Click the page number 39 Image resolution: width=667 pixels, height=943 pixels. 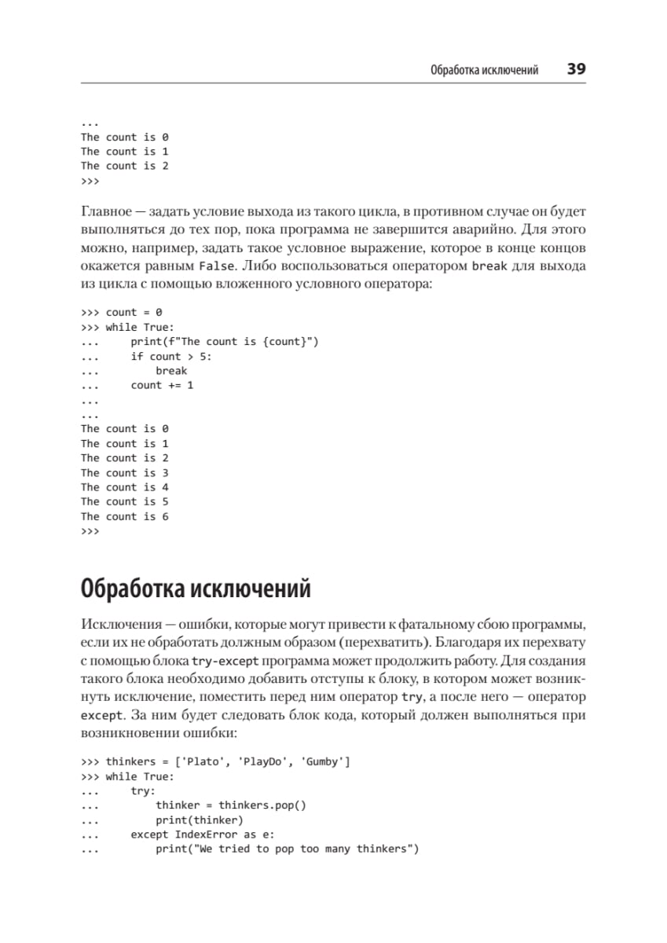tap(576, 69)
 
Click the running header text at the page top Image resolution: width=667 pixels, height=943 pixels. tap(484, 70)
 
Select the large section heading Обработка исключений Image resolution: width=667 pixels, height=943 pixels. tap(196, 589)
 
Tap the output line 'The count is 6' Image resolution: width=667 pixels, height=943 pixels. tap(124, 516)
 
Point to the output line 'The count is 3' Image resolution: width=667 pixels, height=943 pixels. tap(124, 473)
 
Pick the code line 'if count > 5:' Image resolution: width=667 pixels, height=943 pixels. tap(171, 356)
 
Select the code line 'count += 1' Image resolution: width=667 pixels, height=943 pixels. tap(162, 385)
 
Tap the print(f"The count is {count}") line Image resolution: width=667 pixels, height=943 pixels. tap(225, 341)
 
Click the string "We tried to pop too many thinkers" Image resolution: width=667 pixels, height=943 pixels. tap(288, 849)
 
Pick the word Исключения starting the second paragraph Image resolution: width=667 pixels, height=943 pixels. tap(118, 624)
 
